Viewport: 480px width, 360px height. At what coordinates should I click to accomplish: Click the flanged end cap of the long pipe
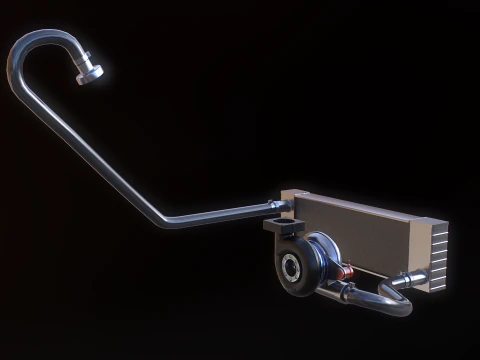coord(91,73)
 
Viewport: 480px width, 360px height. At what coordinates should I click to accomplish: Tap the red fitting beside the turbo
coord(345,270)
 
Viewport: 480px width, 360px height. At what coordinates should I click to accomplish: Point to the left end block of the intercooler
coord(287,200)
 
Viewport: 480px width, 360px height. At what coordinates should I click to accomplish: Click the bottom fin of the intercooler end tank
coord(438,284)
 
